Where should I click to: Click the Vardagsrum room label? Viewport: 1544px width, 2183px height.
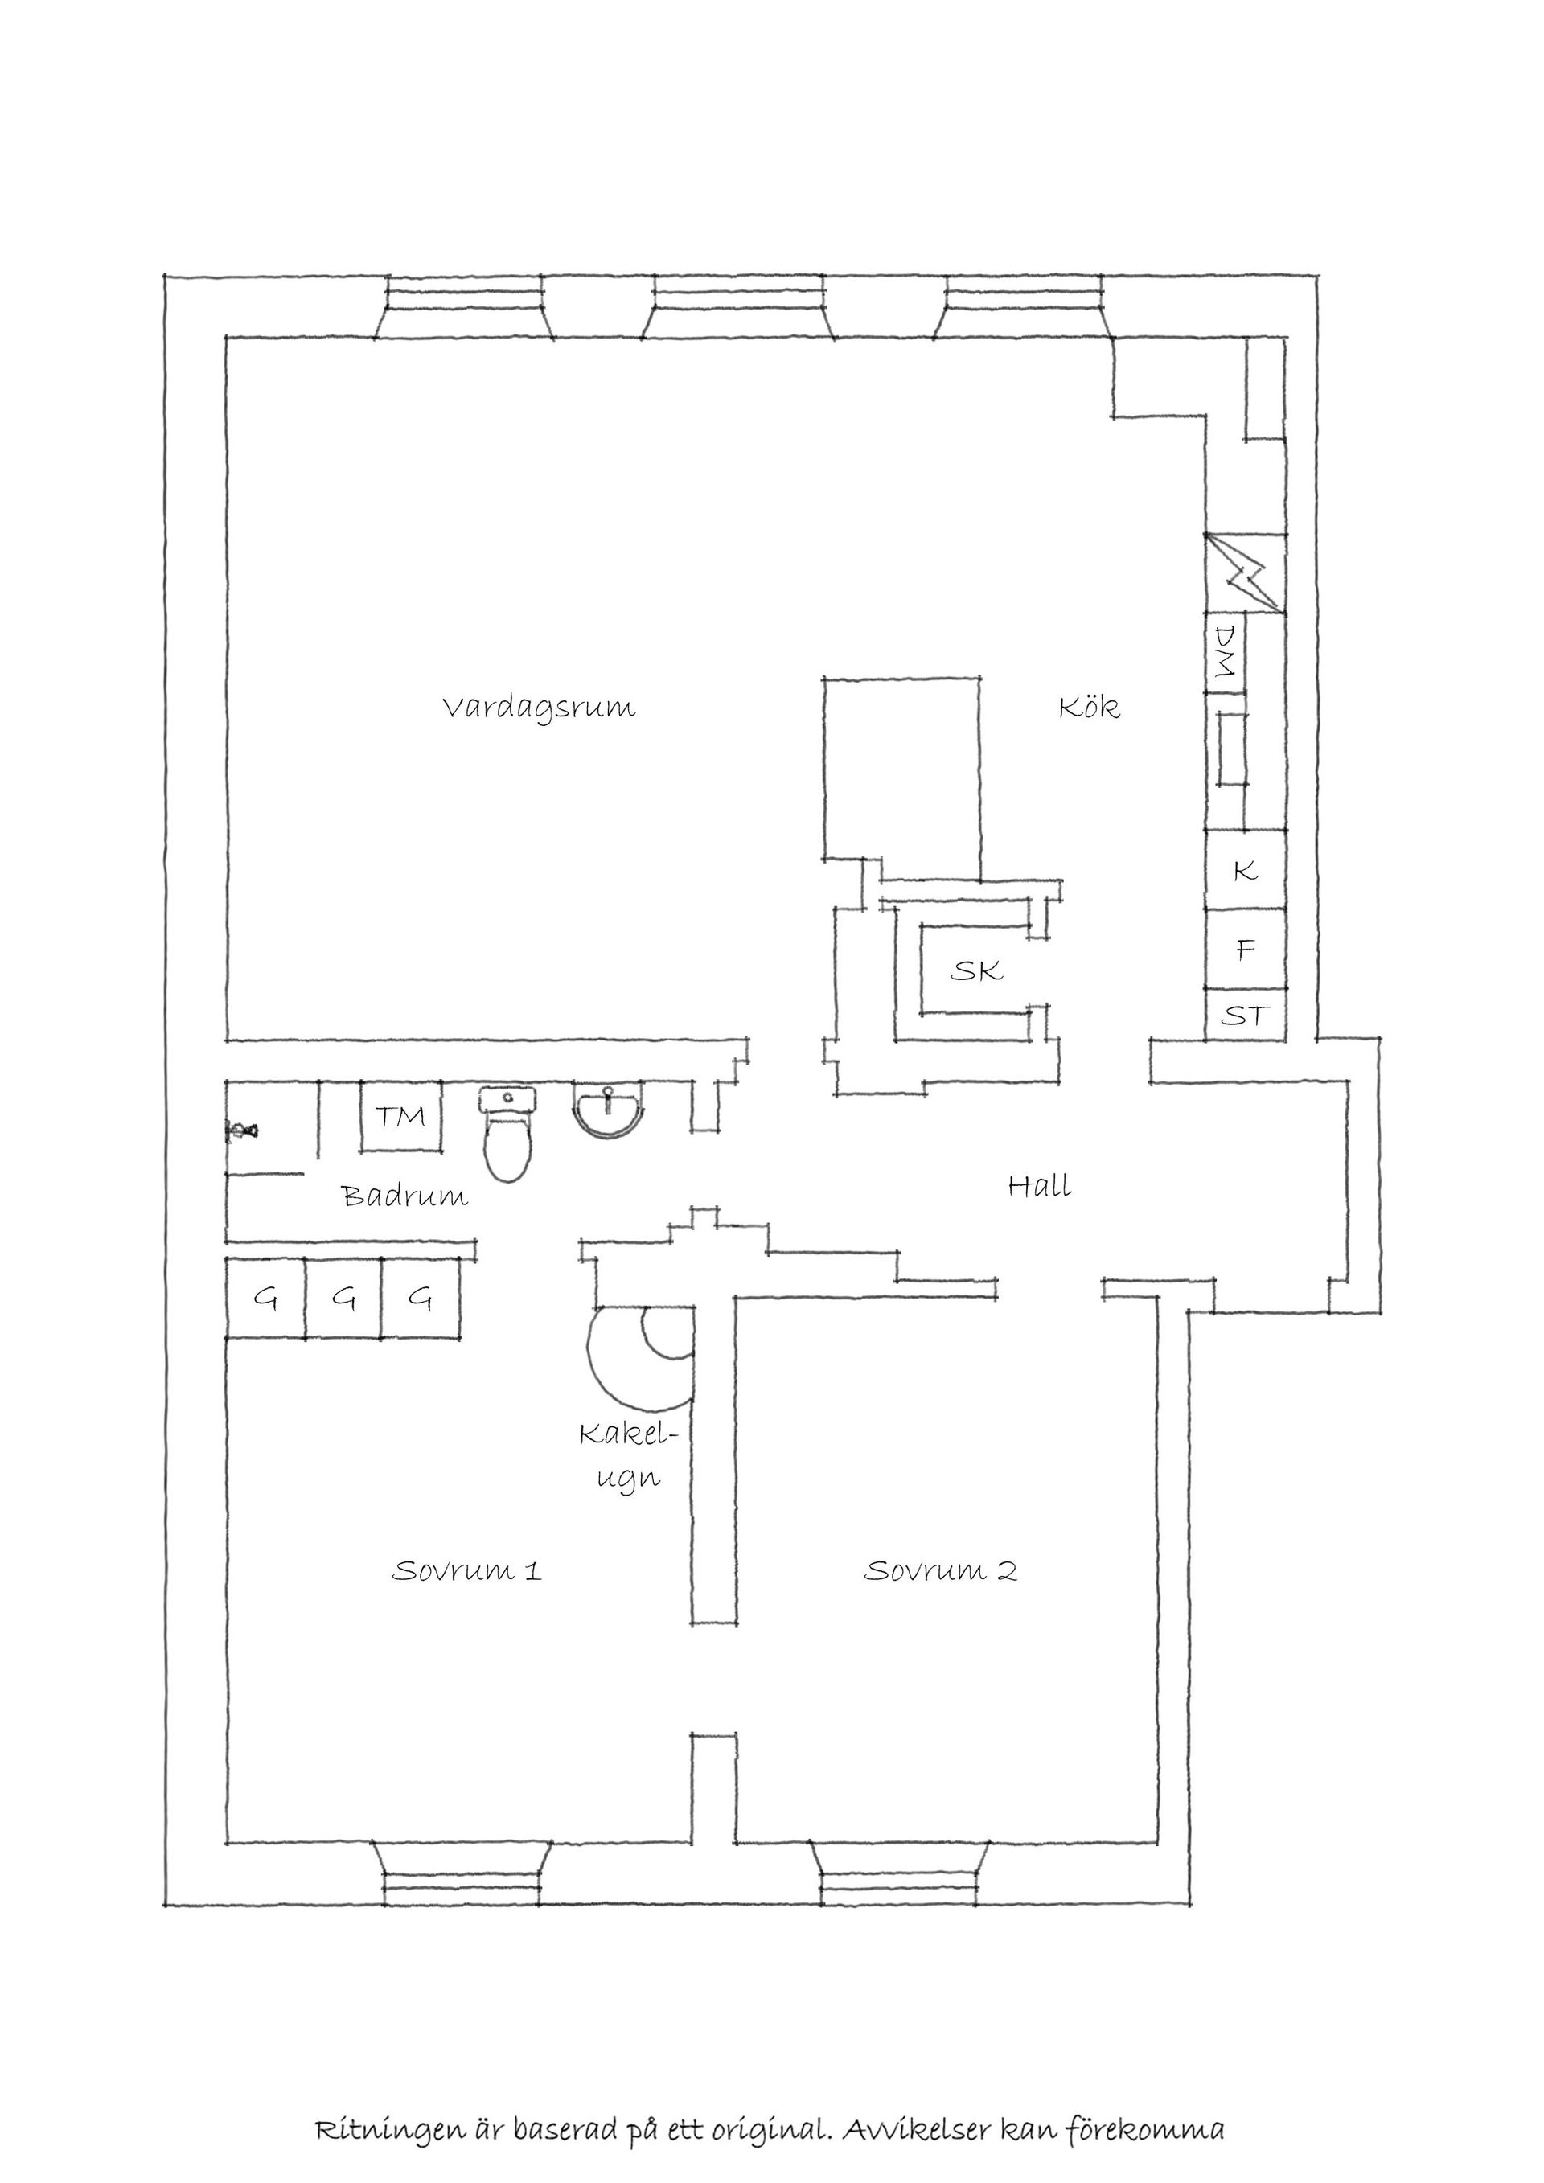point(539,709)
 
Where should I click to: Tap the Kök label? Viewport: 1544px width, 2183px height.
point(1090,708)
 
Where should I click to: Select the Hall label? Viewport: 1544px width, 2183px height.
point(1039,1186)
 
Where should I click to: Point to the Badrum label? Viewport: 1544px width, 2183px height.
point(405,1196)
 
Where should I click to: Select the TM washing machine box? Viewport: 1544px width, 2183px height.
point(400,1115)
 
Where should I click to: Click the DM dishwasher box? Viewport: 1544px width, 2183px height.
point(1225,652)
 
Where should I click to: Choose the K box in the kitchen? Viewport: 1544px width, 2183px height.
point(1245,870)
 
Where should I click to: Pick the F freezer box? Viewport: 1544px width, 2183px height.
point(1245,949)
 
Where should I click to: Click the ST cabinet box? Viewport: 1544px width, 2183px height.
point(1245,1016)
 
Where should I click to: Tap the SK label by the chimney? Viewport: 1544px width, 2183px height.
point(977,970)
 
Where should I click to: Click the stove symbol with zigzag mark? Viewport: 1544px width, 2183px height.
point(1245,573)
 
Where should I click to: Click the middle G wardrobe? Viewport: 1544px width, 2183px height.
point(343,1299)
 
